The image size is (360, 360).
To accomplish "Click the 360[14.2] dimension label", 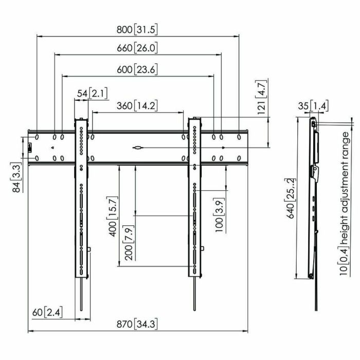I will (137, 106).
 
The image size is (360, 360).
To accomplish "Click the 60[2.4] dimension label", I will (46, 312).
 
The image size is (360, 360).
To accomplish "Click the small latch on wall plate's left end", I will (30, 148).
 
